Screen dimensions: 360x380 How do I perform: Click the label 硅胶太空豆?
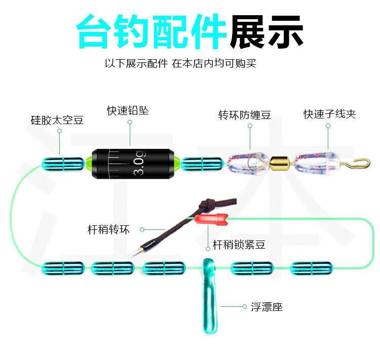point(57,121)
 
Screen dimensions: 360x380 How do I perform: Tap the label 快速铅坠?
point(128,110)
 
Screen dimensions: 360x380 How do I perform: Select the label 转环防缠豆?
point(244,115)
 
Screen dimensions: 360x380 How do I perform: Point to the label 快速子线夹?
point(330,114)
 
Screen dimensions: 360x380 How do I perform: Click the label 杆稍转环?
point(108,230)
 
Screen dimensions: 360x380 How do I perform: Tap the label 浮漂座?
point(266,307)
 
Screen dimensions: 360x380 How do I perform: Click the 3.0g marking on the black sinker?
point(139,164)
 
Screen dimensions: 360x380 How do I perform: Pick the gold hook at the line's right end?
point(359,163)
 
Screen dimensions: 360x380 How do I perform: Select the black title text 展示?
point(266,31)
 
